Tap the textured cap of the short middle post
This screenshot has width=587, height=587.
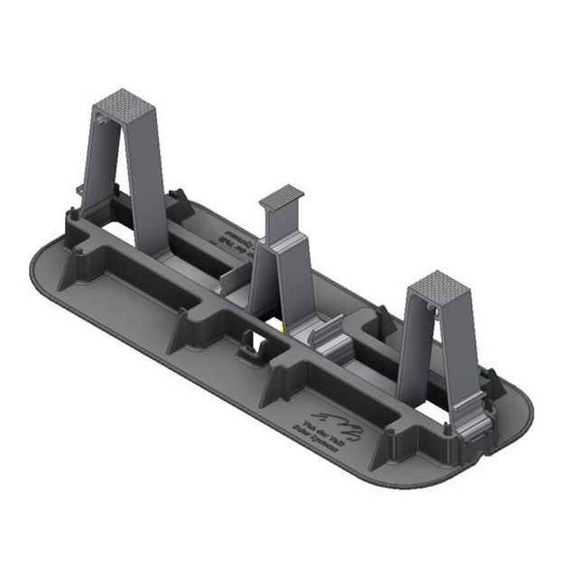coord(282,195)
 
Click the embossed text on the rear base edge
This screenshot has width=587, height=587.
coord(228,237)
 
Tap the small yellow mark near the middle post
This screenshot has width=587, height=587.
coord(283,324)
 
